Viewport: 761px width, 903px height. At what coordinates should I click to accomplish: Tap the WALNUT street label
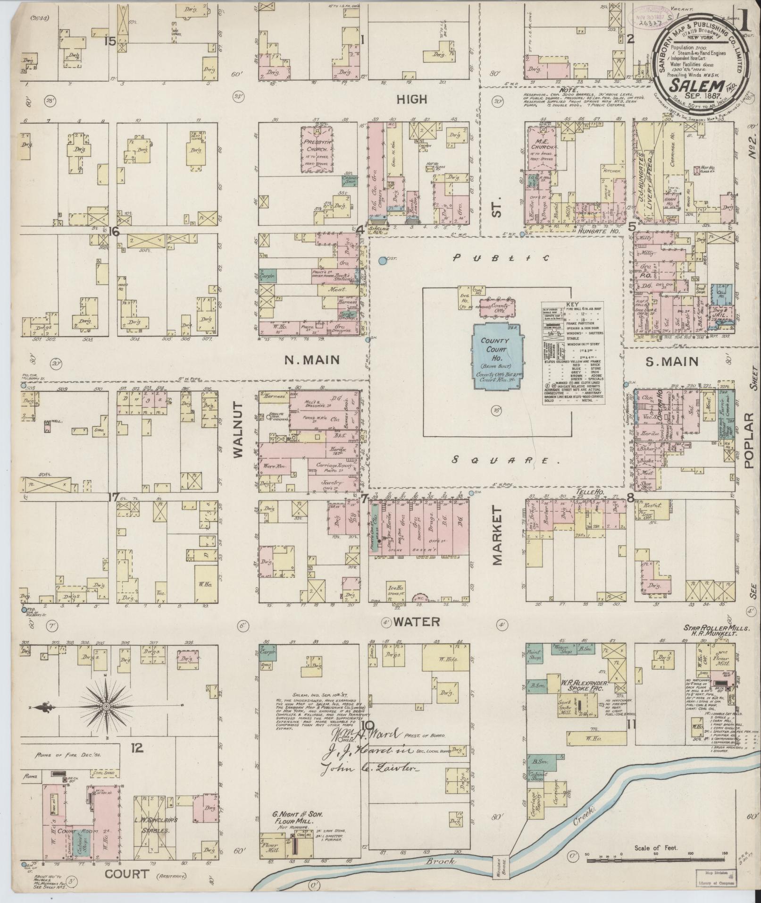[237, 430]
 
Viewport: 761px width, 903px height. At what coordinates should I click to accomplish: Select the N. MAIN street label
[312, 360]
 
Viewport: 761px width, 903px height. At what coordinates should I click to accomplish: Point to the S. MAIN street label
[671, 362]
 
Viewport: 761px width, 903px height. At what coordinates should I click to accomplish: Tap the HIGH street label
[411, 99]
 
